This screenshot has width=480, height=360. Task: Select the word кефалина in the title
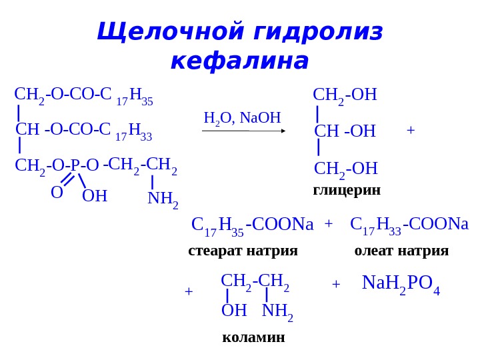[x=240, y=61]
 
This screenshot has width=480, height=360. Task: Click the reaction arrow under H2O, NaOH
[x=244, y=131]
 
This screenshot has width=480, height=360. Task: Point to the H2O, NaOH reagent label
[x=242, y=118]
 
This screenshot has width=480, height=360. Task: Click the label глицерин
[x=347, y=190]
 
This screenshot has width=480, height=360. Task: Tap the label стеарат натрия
[x=243, y=251]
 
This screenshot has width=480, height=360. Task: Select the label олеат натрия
[x=401, y=251]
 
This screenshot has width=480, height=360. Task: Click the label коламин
[x=253, y=337]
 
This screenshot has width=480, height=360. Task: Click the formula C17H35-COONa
[x=252, y=225]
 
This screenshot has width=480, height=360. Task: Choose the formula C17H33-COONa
[x=409, y=225]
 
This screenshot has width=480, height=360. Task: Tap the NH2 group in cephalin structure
[x=163, y=198]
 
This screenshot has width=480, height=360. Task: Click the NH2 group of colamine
[x=277, y=311]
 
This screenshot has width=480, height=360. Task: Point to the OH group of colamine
[x=233, y=311]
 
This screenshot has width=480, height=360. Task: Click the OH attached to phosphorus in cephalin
[x=95, y=196]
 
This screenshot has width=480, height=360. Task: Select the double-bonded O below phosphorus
[x=57, y=193]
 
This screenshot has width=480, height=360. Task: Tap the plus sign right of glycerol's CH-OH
[x=410, y=131]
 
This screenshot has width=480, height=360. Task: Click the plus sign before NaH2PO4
[x=336, y=285]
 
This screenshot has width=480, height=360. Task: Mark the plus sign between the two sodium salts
[x=329, y=224]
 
